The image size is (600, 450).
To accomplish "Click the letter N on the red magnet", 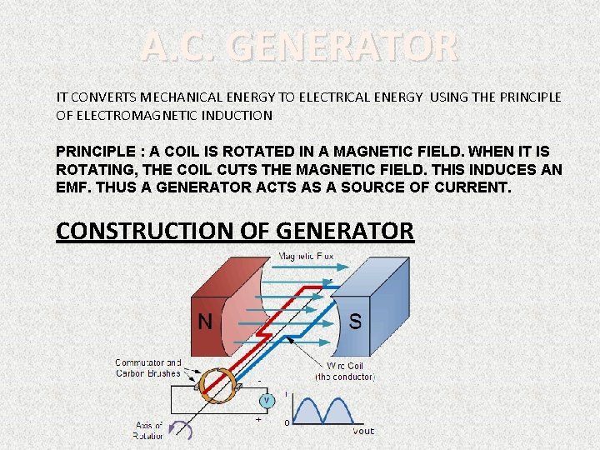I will [x=205, y=322].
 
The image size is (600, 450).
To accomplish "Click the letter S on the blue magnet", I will [x=355, y=322].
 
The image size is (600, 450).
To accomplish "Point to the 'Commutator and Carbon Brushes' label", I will [x=147, y=367].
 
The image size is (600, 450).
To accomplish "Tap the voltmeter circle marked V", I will [x=267, y=400].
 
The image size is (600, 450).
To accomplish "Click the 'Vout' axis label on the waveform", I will [x=363, y=431].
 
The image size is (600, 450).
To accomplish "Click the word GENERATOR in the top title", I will [x=343, y=47].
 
